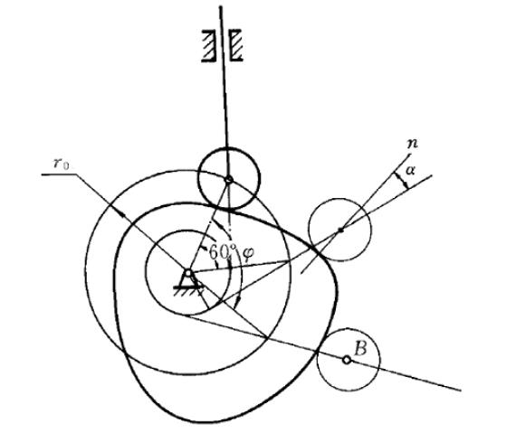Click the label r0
[61, 164]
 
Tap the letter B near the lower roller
[360, 348]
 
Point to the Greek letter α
[410, 170]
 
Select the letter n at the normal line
[412, 144]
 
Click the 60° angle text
[223, 252]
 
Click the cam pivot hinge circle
[188, 273]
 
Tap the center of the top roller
[229, 179]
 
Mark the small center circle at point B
[347, 360]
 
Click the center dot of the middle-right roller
[340, 231]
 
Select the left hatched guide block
[208, 45]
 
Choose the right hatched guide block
[236, 45]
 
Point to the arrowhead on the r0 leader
[122, 214]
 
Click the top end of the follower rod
[220, 6]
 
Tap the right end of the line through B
[461, 391]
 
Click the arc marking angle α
[402, 181]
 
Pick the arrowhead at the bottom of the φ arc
[237, 302]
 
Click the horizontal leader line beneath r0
[59, 174]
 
